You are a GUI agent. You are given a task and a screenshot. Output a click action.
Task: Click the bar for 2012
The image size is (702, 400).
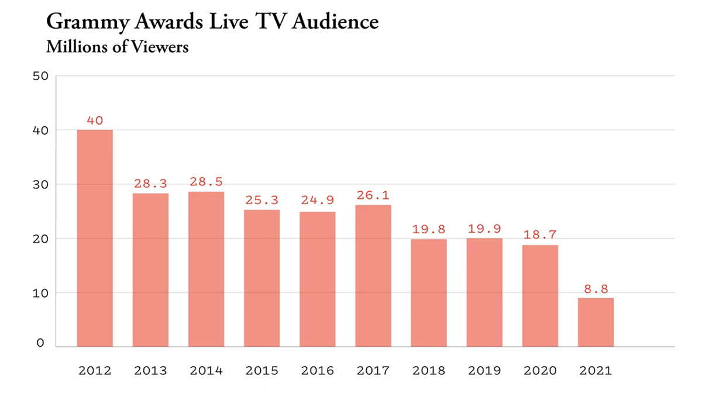[95, 238]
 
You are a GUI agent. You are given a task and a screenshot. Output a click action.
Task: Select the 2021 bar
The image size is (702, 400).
[596, 322]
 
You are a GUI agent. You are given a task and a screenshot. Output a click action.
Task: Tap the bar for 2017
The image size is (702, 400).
[373, 275]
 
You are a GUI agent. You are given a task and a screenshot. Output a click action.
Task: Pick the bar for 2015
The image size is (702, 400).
[261, 278]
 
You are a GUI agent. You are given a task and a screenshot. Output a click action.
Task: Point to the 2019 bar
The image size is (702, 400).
[484, 292]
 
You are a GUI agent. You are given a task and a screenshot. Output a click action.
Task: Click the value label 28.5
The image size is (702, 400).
[206, 182]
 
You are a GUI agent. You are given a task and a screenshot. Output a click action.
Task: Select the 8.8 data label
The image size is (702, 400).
[596, 288]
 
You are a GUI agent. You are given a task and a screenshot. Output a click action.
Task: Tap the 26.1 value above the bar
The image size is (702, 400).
[373, 195]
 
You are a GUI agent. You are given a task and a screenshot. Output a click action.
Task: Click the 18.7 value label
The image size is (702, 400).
[540, 236]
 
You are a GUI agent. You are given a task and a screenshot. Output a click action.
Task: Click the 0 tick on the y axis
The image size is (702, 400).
[40, 343]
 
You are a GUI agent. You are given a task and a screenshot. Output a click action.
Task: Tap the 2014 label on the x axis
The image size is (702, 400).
[206, 371]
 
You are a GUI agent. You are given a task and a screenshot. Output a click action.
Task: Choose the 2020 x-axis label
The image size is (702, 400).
[540, 371]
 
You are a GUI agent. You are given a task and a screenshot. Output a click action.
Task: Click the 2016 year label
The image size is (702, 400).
[317, 371]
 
